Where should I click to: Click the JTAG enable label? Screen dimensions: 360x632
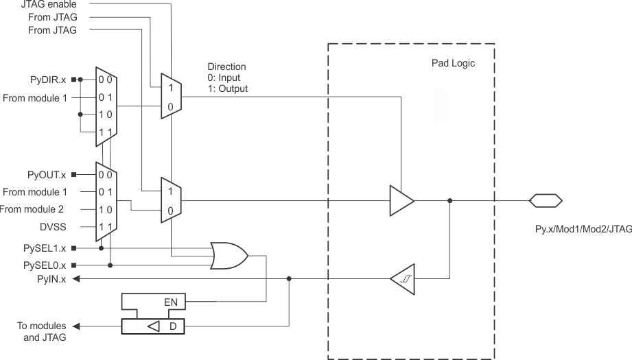point(48,4)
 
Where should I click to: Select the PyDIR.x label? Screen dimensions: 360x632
point(49,80)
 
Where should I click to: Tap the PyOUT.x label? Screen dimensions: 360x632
point(47,174)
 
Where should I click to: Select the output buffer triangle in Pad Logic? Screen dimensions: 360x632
point(401,200)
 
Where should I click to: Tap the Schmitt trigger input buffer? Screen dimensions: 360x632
point(402,278)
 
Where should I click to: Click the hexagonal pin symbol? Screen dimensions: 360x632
point(546,200)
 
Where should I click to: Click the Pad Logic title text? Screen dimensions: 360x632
point(453,63)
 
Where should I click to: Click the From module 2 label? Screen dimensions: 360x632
point(34,209)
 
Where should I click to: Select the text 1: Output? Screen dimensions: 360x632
point(228,88)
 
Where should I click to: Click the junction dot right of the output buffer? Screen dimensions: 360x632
point(449,200)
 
